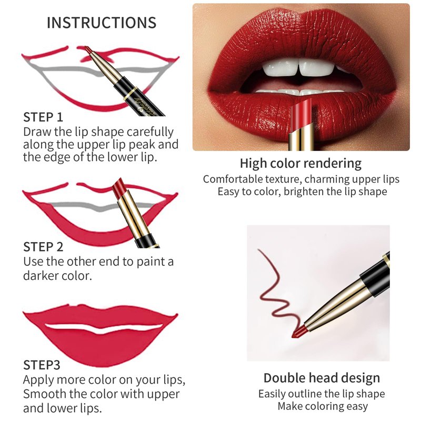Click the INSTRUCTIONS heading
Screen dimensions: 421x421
pos(102,23)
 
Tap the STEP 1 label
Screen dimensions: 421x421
pos(43,117)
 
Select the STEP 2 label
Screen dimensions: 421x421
pos(43,247)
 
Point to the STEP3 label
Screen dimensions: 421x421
pos(42,365)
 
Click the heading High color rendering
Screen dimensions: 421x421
pos(300,164)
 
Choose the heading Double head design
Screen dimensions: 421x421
pos(322,378)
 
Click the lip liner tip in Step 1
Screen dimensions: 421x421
pos(88,49)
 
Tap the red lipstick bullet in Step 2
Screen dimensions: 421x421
pos(117,187)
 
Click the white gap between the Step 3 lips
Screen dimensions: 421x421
pos(103,328)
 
